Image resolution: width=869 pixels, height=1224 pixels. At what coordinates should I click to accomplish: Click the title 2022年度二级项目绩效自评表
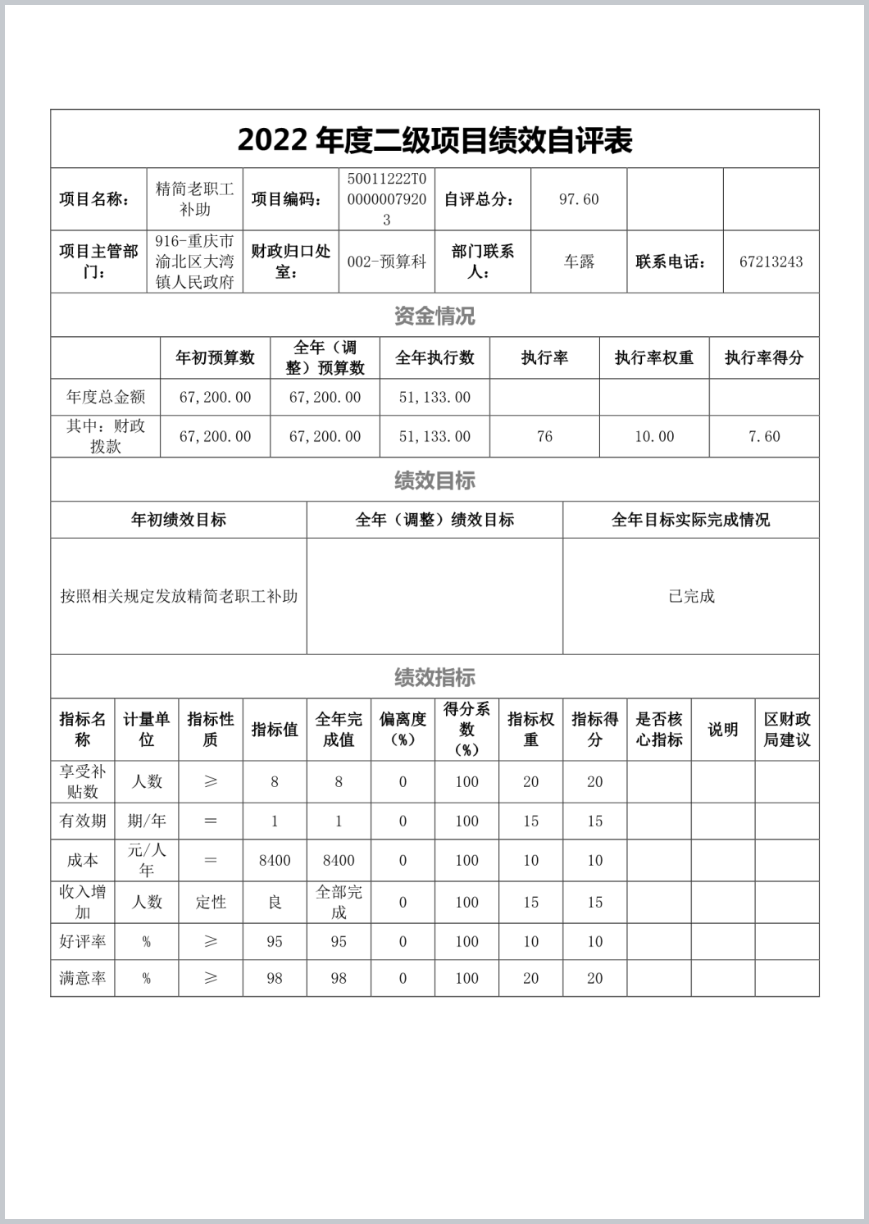coord(434,141)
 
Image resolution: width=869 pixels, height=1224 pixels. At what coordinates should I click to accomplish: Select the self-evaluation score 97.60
coord(579,199)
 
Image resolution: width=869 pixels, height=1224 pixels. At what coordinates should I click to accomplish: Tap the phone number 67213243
coord(771,262)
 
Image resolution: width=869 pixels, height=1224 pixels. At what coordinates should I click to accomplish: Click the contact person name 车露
coord(579,262)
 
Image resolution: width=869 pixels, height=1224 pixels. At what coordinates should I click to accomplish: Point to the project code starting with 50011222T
coord(386,199)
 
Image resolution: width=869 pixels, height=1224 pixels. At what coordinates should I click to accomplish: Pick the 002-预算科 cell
coord(386,262)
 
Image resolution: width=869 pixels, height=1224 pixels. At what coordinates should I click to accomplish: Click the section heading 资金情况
coord(434,316)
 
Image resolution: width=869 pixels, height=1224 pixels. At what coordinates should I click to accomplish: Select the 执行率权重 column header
coord(654,357)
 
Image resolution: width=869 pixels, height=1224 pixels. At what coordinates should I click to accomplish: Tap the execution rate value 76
coord(544,436)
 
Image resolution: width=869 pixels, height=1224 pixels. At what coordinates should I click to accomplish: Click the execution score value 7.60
coord(764,436)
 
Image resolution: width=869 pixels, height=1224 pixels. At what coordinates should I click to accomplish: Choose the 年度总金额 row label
coord(105,398)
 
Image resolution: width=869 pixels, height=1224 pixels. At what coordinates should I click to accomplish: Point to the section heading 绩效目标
coord(434,480)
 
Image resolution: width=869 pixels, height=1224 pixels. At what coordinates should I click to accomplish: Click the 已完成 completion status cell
coord(691,596)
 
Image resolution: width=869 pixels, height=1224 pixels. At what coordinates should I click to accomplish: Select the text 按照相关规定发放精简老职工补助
coord(179,596)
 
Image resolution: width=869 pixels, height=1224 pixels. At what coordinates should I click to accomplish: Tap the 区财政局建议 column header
coord(787,730)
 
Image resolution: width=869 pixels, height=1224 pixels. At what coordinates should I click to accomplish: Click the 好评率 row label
coord(82,941)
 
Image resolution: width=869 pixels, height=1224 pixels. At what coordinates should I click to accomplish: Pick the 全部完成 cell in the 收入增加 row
coord(339,902)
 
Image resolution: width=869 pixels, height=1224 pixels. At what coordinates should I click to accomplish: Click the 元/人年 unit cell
coord(146,860)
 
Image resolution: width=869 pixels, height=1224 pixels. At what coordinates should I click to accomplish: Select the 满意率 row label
coord(82,978)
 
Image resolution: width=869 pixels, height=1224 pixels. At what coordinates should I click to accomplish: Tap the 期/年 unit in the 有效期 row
coord(146,821)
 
